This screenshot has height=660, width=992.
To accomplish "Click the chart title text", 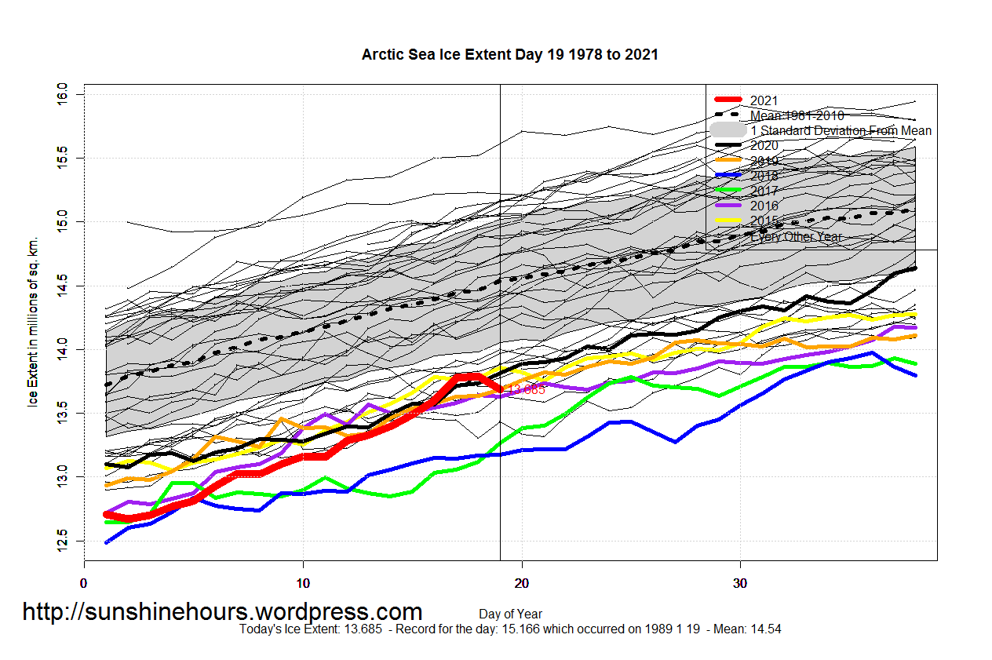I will [x=509, y=55].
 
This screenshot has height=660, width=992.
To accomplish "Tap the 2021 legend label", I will [x=764, y=100].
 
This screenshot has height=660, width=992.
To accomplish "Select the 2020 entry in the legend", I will [x=764, y=145].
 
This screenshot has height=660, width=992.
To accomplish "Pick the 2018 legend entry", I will [x=764, y=176].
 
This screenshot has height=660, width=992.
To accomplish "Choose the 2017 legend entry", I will [x=764, y=191].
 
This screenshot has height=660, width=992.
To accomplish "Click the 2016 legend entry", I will [x=764, y=206].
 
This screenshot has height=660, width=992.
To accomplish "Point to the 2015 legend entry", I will [x=764, y=221].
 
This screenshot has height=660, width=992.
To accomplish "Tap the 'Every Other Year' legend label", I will [x=796, y=236].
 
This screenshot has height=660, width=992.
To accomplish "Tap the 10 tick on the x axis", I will [x=303, y=583].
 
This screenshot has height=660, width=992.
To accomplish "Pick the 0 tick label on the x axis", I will [x=84, y=583].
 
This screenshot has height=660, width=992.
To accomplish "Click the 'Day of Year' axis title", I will [x=510, y=614].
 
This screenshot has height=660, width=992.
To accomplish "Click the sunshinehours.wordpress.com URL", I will [x=222, y=611].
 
